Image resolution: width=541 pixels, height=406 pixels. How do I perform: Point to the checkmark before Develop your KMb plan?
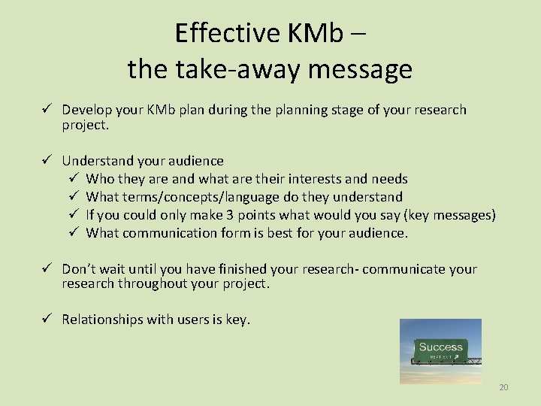[x=47, y=110]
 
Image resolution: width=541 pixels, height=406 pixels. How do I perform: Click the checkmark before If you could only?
[x=74, y=215]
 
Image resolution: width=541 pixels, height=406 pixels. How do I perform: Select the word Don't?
[x=79, y=269]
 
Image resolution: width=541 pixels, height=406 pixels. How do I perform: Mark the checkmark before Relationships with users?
[x=47, y=320]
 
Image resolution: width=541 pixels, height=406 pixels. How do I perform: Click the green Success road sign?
[x=440, y=349]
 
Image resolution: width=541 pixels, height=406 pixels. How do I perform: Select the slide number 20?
[x=503, y=387]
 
